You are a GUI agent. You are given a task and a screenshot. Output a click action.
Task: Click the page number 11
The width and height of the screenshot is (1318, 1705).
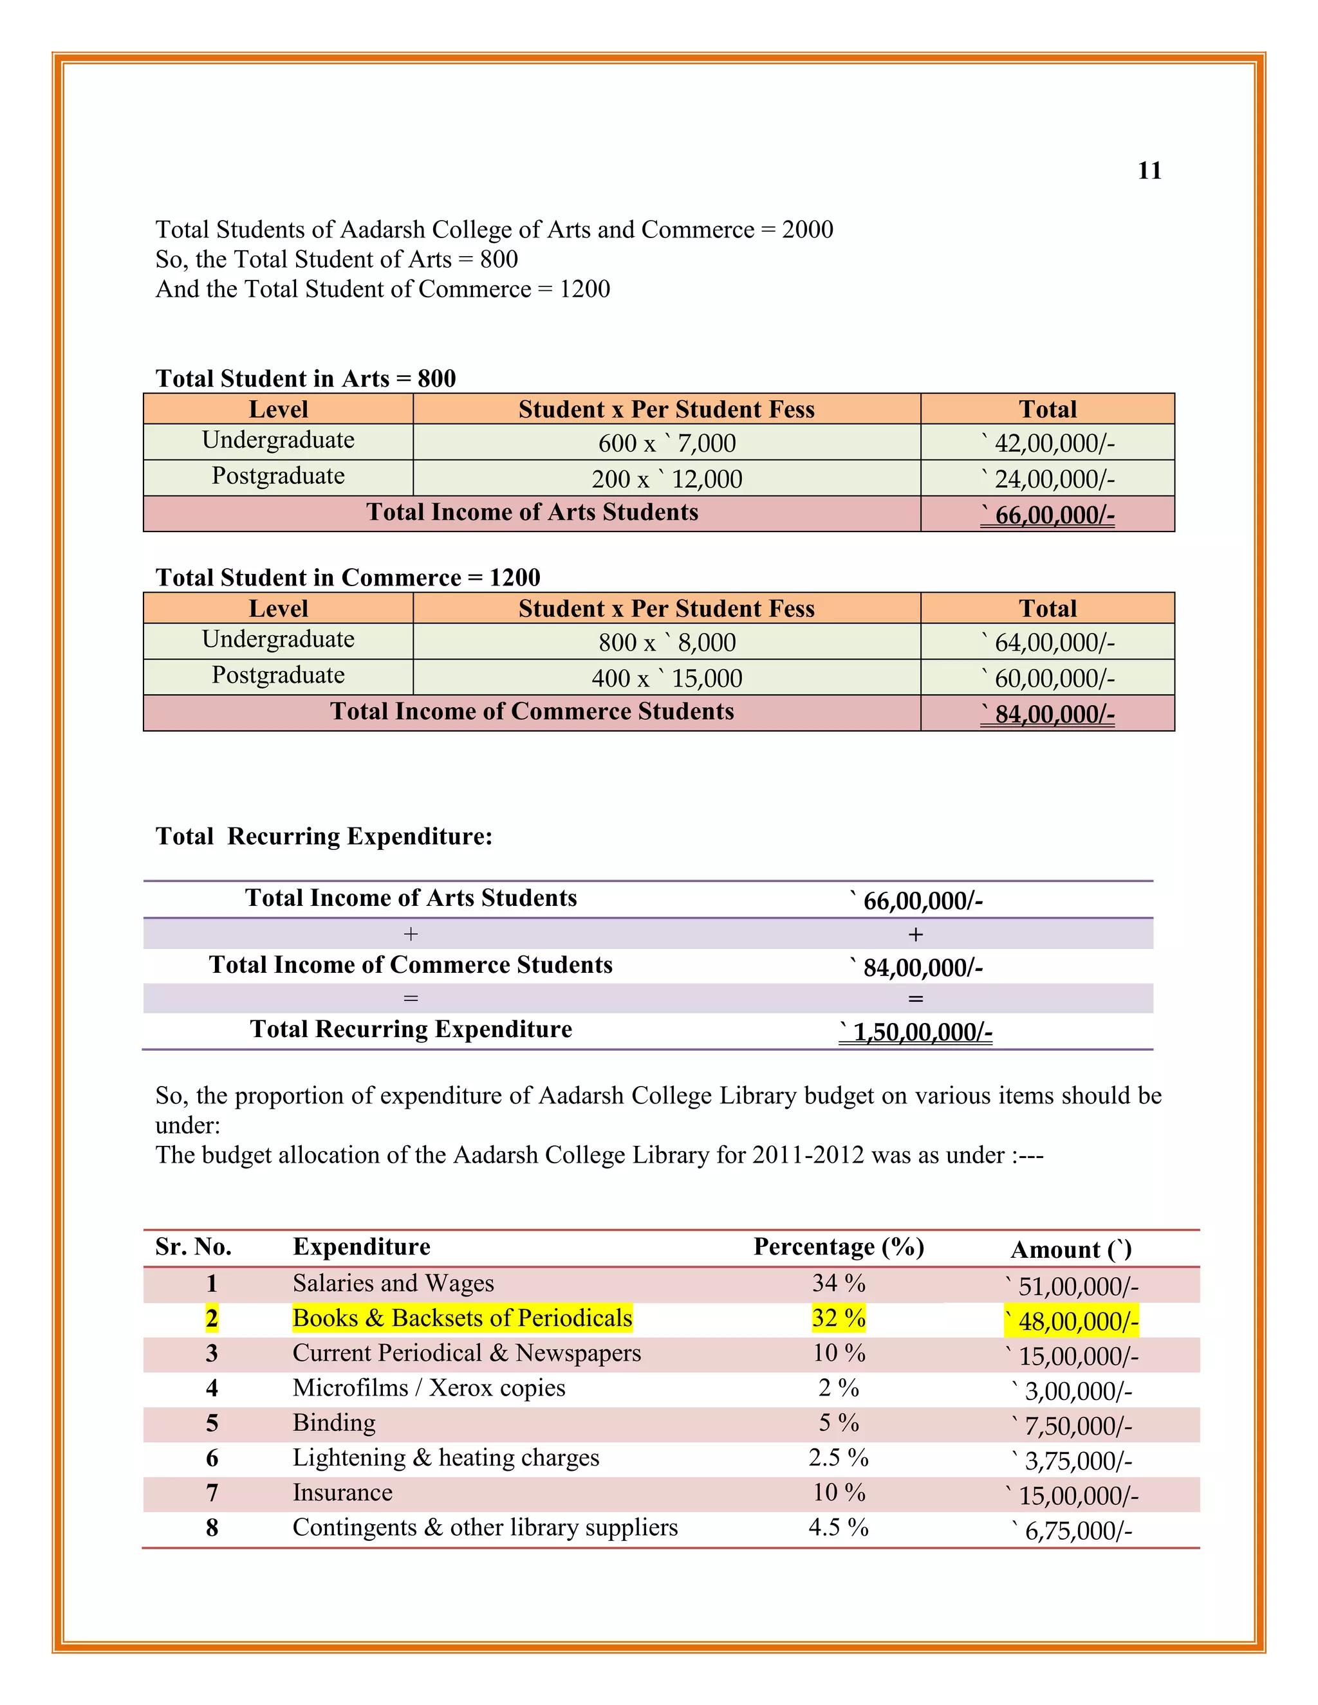pyautogui.click(x=1149, y=170)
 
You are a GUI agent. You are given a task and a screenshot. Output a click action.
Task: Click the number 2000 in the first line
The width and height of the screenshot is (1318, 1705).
pyautogui.click(x=808, y=230)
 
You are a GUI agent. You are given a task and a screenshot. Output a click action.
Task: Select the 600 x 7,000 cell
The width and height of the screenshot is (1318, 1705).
pyautogui.click(x=667, y=443)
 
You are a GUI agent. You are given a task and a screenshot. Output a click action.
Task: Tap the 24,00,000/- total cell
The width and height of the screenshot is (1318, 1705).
pyautogui.click(x=1048, y=479)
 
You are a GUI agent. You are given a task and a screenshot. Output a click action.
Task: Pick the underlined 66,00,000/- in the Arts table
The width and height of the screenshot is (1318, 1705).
pyautogui.click(x=1048, y=515)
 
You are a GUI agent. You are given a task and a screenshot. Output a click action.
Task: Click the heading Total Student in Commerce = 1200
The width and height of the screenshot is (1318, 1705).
pyautogui.click(x=348, y=577)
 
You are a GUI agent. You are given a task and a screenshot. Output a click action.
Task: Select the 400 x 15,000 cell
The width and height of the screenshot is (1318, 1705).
pyautogui.click(x=667, y=677)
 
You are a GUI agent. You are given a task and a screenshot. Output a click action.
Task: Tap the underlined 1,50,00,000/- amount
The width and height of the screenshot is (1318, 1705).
pyautogui.click(x=916, y=1032)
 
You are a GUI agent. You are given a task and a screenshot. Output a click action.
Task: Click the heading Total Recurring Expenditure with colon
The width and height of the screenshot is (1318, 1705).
pyautogui.click(x=324, y=836)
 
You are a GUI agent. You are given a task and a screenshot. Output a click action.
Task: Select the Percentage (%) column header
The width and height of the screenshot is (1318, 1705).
pyautogui.click(x=839, y=1247)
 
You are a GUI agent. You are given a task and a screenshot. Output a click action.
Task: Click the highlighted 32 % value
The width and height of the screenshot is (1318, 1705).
pyautogui.click(x=839, y=1318)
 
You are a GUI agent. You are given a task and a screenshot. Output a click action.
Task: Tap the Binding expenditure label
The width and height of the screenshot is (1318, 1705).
pyautogui.click(x=334, y=1423)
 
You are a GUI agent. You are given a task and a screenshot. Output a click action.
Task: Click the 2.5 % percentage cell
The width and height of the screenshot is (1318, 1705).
pyautogui.click(x=839, y=1457)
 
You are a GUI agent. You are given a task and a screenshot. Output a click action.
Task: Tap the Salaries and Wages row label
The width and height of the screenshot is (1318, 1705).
pyautogui.click(x=393, y=1283)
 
